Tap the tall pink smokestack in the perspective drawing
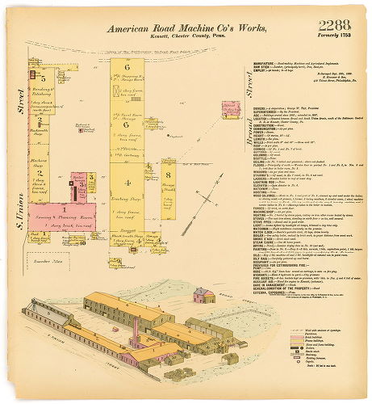click(136, 331)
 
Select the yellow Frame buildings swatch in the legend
click(292, 338)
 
